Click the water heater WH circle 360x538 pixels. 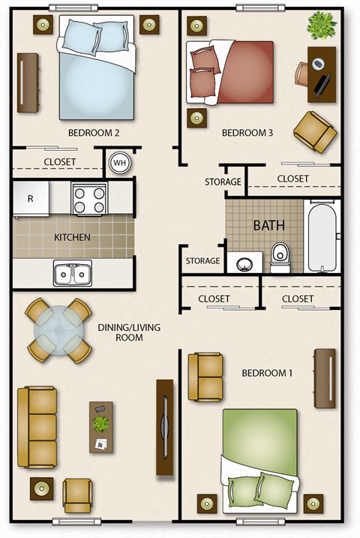[x=119, y=162]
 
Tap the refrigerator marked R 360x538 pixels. [x=31, y=199]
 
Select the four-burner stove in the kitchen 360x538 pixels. [x=89, y=199]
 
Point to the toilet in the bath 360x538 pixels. [x=280, y=257]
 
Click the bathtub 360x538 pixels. [x=323, y=235]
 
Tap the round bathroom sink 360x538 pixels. [x=244, y=263]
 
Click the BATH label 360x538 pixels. [x=268, y=225]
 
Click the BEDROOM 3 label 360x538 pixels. [x=247, y=134]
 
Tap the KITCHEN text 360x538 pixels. [x=72, y=238]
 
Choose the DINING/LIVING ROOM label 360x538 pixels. [x=129, y=332]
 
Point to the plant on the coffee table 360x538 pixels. [x=100, y=423]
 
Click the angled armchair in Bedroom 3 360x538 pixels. [x=314, y=130]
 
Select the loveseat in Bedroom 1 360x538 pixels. [x=205, y=376]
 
